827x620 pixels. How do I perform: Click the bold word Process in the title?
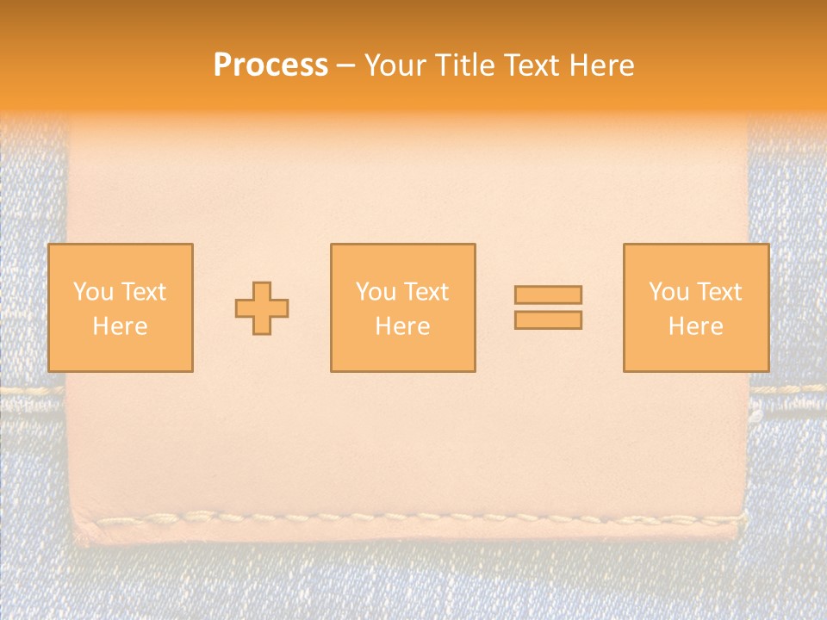pyautogui.click(x=270, y=65)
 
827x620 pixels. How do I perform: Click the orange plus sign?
pyautogui.click(x=262, y=308)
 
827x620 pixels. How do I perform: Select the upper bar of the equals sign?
pyautogui.click(x=548, y=295)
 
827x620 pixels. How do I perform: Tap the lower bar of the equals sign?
pyautogui.click(x=548, y=320)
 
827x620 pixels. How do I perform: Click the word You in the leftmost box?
pyautogui.click(x=93, y=292)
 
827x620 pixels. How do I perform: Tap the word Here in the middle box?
pyautogui.click(x=402, y=326)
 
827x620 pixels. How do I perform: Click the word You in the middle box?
pyautogui.click(x=376, y=292)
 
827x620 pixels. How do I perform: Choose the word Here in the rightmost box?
pyautogui.click(x=695, y=326)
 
